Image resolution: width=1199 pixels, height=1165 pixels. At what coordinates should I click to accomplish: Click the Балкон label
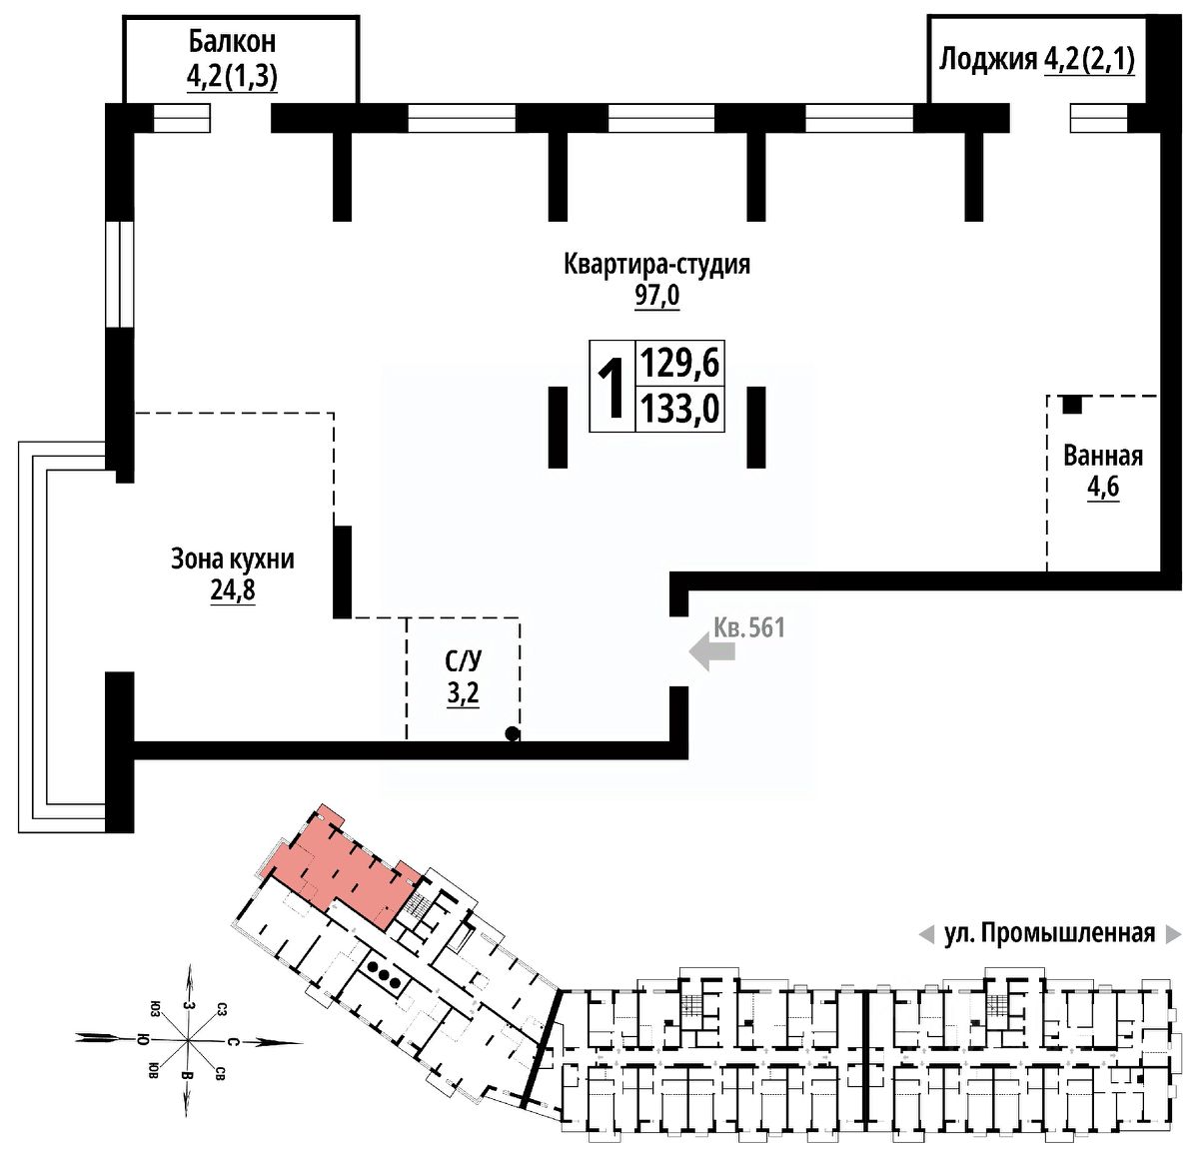click(232, 42)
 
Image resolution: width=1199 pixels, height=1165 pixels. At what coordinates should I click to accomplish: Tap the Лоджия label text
click(987, 60)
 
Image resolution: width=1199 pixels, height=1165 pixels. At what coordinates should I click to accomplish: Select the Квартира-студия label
click(656, 265)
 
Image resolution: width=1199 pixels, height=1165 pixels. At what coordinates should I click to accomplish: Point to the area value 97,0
click(656, 297)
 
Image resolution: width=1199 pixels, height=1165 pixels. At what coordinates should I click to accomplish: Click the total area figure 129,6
click(679, 362)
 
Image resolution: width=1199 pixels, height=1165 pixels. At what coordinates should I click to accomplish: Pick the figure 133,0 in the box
click(679, 409)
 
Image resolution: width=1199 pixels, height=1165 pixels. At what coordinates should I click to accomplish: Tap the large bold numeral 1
click(611, 387)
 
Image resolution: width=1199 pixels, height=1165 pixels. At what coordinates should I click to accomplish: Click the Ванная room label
click(1102, 457)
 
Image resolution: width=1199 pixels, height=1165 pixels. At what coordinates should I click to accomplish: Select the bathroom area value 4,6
click(1102, 490)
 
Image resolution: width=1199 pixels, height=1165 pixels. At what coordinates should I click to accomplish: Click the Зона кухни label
click(232, 559)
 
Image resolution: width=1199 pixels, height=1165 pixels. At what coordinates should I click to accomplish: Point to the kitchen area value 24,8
click(232, 590)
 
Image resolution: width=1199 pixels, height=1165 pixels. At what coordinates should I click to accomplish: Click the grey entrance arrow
click(713, 654)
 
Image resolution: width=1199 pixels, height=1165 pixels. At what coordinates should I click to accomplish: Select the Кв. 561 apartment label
click(749, 627)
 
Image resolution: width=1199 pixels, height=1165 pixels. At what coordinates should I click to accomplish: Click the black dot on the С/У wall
click(513, 734)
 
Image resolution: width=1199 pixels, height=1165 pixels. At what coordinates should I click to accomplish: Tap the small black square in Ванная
click(1071, 405)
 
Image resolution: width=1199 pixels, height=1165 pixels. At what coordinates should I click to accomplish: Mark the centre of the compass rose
click(187, 1041)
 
